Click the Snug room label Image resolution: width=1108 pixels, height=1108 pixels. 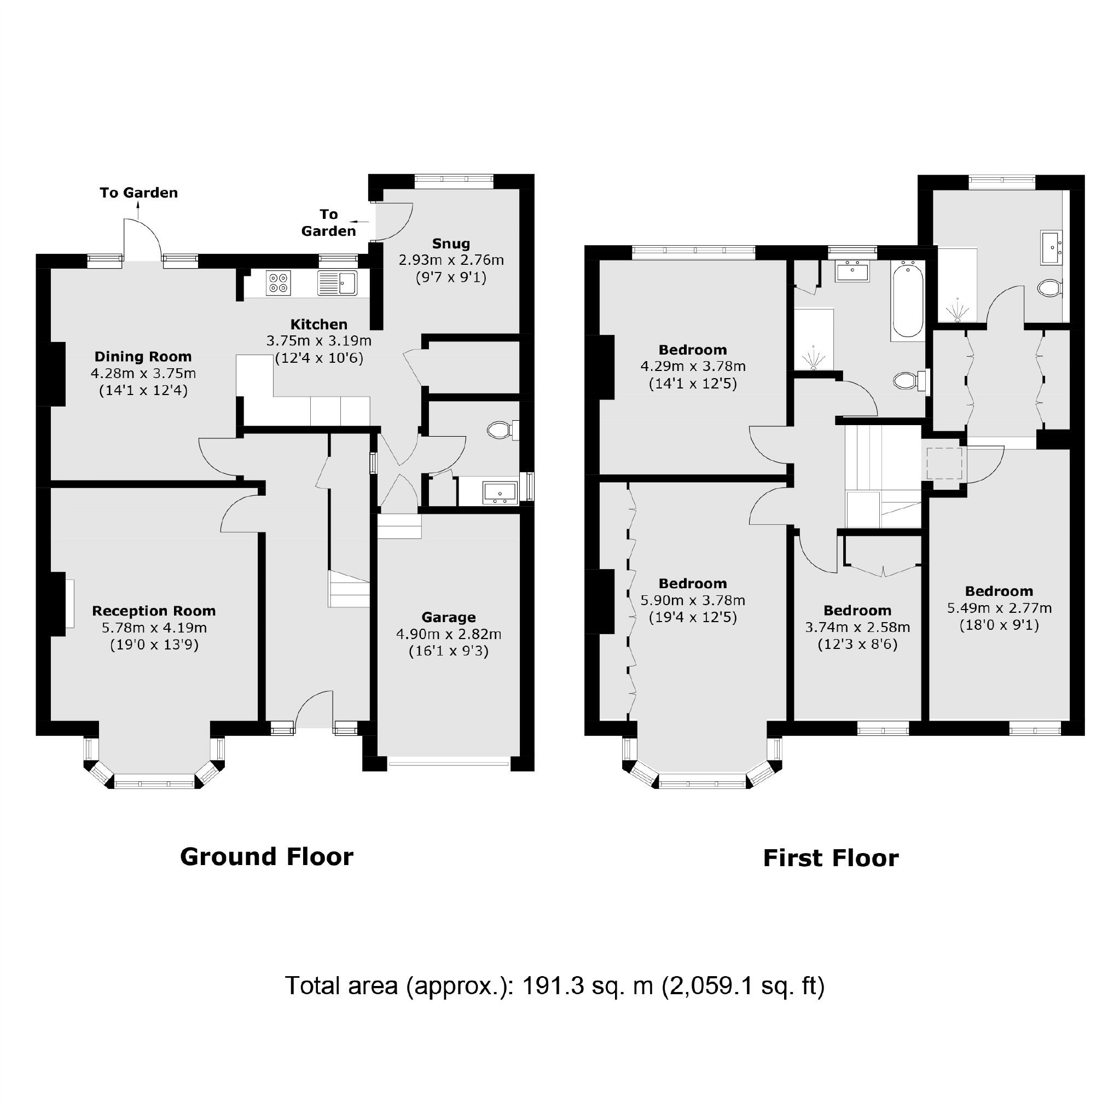pyautogui.click(x=451, y=243)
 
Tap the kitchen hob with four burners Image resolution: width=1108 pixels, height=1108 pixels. pyautogui.click(x=279, y=283)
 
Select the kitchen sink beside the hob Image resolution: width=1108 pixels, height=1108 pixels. pyautogui.click(x=337, y=283)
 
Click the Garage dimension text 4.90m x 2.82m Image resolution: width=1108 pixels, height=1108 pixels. pyautogui.click(x=449, y=634)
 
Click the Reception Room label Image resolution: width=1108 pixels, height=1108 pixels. pyautogui.click(x=154, y=611)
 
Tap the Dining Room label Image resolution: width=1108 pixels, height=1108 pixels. pyautogui.click(x=143, y=357)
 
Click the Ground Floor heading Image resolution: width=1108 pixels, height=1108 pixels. pyautogui.click(x=266, y=857)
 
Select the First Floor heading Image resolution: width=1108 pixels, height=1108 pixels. pyautogui.click(x=831, y=858)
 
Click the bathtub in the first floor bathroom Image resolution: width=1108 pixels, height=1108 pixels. pyautogui.click(x=907, y=299)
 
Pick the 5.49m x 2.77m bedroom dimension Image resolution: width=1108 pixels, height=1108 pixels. pyautogui.click(x=999, y=608)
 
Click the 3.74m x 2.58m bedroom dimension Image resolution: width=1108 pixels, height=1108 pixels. pyautogui.click(x=857, y=628)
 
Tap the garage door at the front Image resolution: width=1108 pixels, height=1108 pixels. pyautogui.click(x=449, y=763)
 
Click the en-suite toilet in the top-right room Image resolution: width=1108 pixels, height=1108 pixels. pyautogui.click(x=1051, y=288)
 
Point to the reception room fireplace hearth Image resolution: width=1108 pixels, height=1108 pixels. pyautogui.click(x=69, y=604)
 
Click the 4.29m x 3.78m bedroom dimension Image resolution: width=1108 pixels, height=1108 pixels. pyautogui.click(x=693, y=366)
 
